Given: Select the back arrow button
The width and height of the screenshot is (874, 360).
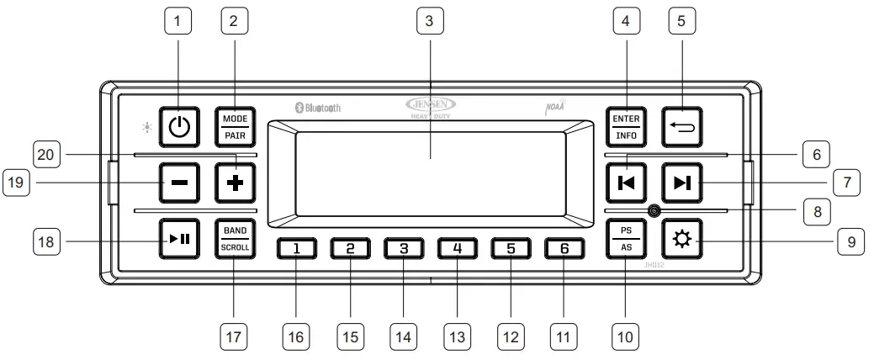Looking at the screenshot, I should [680, 125].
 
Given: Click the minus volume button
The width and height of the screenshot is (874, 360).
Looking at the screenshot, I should [179, 181].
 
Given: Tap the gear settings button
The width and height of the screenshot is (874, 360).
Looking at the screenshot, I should [680, 237].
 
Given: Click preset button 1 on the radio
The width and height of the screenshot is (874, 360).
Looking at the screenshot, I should [299, 248].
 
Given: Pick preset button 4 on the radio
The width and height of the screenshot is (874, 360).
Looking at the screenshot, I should [457, 248].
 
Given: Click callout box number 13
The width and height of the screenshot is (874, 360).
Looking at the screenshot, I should [457, 336].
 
